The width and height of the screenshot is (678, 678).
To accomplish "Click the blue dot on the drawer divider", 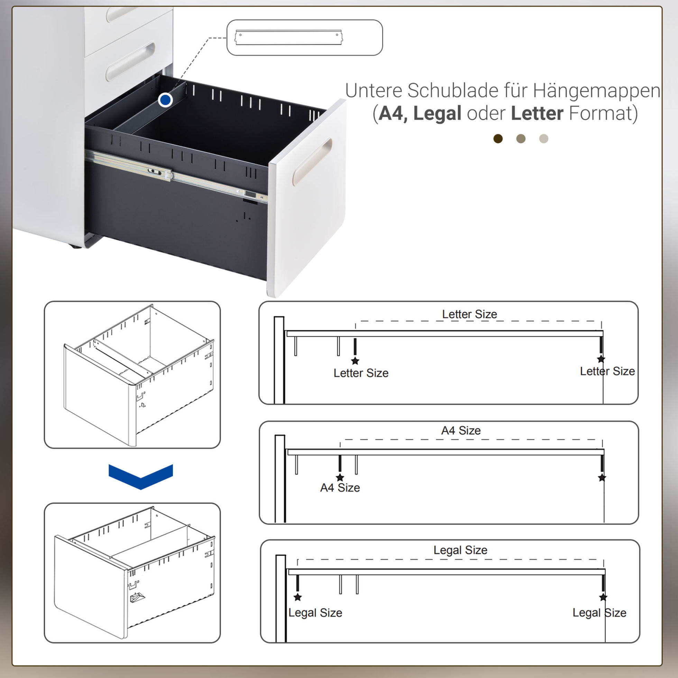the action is tap(165, 100).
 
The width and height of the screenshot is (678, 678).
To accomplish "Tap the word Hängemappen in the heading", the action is tap(597, 91).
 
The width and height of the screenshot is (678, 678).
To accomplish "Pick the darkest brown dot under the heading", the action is tap(498, 139).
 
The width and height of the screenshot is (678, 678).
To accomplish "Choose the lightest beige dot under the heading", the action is tap(543, 139).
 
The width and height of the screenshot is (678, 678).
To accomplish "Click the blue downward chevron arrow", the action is tap(141, 477).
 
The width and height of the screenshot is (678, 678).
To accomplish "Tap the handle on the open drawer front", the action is tap(312, 162).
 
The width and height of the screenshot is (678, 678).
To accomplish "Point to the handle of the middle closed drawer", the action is tap(130, 62).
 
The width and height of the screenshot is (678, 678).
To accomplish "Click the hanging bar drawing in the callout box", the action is tap(288, 38).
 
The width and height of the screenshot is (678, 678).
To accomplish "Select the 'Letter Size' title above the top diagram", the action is tap(469, 314).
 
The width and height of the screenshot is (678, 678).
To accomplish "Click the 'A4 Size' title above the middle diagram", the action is tap(461, 430).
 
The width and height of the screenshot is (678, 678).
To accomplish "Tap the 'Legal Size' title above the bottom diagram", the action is tap(460, 550).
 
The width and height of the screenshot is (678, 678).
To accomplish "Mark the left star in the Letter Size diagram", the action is tap(355, 361).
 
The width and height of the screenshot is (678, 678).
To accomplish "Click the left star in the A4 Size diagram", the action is tap(340, 478).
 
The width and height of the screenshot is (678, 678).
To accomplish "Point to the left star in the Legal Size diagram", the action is tap(297, 597).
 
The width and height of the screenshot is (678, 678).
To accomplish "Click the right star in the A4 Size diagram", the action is tap(602, 478).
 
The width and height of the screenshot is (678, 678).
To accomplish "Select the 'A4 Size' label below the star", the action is tap(340, 487).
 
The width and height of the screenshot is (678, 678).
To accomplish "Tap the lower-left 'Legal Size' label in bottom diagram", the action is tap(315, 613).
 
